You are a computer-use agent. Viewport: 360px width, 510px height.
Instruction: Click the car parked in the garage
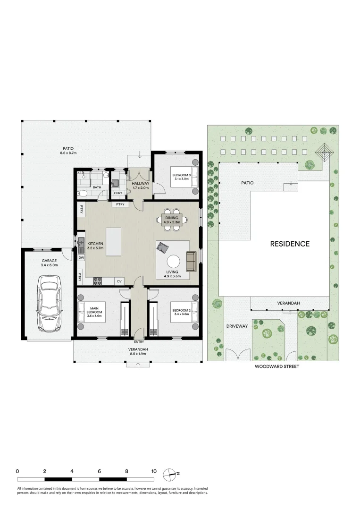coord(50,304)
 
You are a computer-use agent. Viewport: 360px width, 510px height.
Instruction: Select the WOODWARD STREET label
coord(276,366)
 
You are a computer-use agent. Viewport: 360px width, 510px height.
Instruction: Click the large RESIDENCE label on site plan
coord(290,244)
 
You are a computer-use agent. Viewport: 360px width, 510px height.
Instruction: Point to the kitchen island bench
coord(113,242)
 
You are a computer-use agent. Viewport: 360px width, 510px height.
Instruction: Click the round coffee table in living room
coord(173,261)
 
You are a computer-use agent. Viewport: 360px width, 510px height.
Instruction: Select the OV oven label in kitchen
coord(119,281)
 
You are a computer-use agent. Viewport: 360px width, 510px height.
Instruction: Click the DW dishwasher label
coord(81,258)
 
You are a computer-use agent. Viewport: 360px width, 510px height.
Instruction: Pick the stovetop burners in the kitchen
coord(98,281)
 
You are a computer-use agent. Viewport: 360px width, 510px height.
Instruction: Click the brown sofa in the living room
coord(192,262)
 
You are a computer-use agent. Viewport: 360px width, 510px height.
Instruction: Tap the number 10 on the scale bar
coord(154,471)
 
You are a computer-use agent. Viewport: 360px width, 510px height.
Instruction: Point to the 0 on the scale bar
coord(17,471)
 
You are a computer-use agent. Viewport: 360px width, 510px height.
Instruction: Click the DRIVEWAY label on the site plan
coord(237,326)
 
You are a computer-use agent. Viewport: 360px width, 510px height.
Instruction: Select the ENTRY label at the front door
coord(139,342)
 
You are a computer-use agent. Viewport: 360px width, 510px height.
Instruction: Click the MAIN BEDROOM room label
coord(94,310)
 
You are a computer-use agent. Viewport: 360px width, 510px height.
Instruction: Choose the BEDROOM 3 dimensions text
coord(181,178)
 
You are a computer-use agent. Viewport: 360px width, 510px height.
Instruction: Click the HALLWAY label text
coord(140,183)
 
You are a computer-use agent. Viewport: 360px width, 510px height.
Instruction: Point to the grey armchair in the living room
coord(162,247)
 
